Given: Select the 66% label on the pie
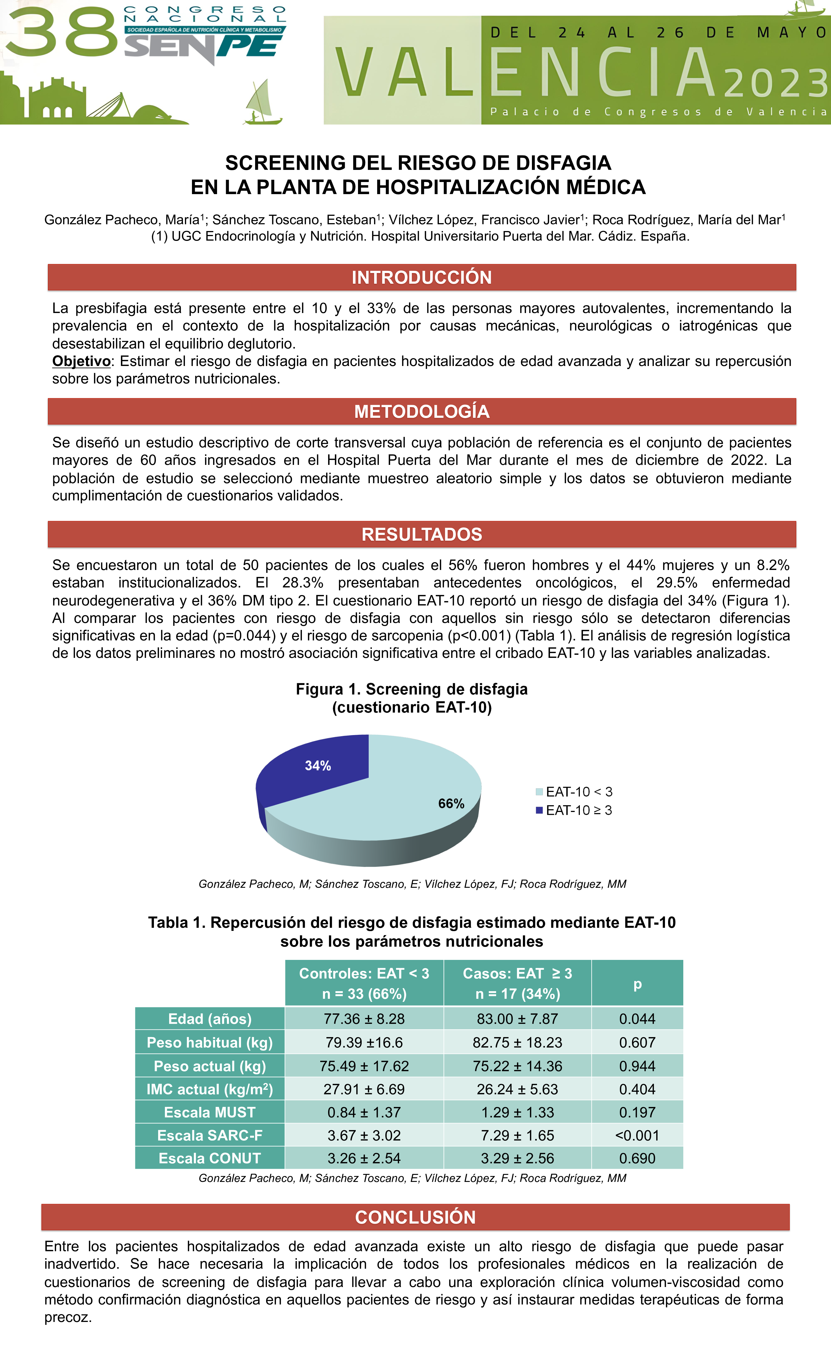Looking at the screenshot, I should tap(451, 804).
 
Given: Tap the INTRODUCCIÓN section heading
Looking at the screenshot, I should tap(422, 277).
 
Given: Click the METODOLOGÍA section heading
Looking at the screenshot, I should tap(422, 411).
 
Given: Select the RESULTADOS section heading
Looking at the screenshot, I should tap(422, 534).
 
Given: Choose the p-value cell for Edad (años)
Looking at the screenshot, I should tap(637, 1018).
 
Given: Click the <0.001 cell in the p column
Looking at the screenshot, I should tap(637, 1135).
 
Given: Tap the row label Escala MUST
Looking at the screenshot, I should tap(209, 1112).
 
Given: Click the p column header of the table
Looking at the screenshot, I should tap(637, 984).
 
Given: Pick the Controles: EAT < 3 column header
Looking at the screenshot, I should tap(364, 984).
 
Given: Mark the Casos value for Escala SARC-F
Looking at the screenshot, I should tap(517, 1135).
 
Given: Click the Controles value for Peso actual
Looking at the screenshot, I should tap(364, 1066).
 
